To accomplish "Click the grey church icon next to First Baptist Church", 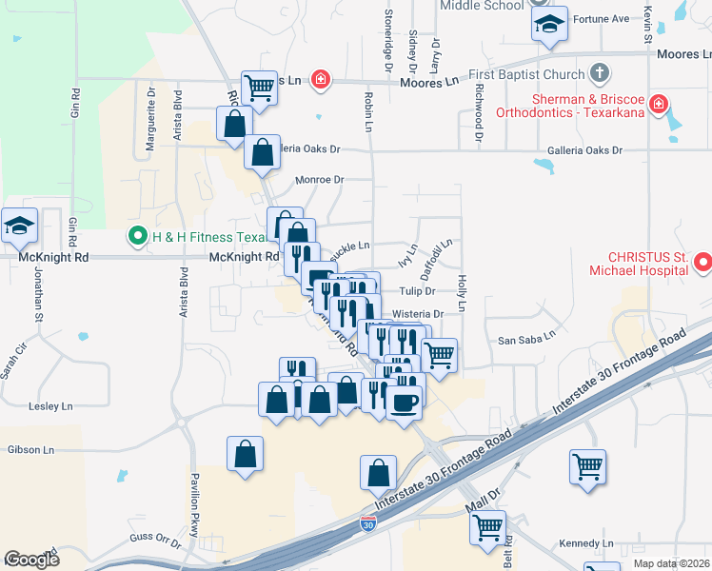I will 600,72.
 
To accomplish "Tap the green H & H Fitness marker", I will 137,236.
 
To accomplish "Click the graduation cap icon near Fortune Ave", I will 549,25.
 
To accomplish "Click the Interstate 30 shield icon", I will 368,523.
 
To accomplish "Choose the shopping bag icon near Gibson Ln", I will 246,453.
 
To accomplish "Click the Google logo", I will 31,559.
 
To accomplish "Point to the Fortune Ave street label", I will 607,18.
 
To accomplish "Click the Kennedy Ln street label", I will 586,542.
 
